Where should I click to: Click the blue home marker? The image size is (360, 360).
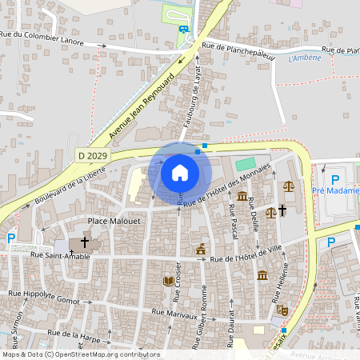180,172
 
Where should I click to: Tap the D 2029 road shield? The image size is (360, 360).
92,154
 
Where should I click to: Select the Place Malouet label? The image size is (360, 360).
112,220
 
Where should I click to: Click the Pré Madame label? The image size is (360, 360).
335,190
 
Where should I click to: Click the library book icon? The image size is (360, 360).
168,281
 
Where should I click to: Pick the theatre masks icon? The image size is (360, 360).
282,309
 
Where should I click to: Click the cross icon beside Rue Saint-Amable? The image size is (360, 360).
84,241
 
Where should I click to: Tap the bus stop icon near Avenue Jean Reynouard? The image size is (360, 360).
184,30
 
